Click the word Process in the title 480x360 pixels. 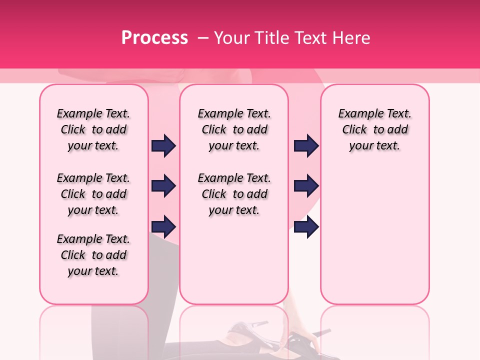(154, 38)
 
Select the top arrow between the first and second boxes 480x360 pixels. (163, 145)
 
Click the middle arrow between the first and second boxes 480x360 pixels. (163, 186)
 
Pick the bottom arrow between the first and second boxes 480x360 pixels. (163, 227)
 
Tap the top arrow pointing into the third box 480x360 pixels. (306, 145)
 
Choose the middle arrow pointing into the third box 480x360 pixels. (306, 186)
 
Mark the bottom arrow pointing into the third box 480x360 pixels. (306, 227)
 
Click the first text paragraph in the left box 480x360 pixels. (93, 129)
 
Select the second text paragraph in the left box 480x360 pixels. (93, 194)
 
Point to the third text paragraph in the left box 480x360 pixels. (93, 255)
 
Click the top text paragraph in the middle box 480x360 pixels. (234, 129)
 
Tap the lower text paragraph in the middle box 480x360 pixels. (234, 194)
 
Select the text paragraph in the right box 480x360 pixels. (375, 129)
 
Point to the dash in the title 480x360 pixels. (203, 38)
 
